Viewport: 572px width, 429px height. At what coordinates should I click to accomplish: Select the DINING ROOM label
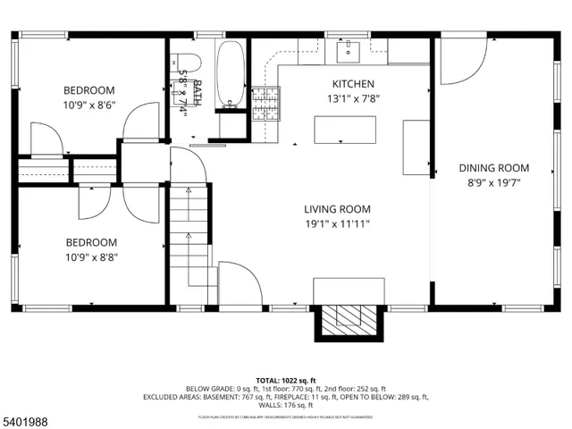493,167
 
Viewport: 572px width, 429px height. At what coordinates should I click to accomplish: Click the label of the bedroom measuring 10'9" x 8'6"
88,89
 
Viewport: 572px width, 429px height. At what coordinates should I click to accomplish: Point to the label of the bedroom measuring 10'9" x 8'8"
90,241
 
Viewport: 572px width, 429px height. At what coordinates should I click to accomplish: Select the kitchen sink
347,51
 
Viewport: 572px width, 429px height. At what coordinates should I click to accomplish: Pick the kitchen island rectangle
344,130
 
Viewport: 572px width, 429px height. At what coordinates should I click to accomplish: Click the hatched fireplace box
349,320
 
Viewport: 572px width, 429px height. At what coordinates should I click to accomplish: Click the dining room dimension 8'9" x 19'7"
493,182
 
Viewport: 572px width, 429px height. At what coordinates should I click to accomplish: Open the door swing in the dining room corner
458,58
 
